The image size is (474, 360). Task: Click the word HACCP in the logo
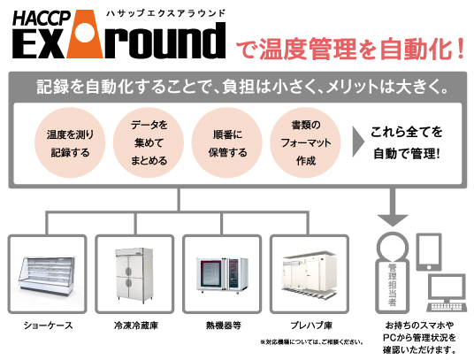[x=42, y=19]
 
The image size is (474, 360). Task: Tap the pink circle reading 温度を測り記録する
[x=70, y=142]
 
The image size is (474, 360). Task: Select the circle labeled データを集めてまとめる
[x=149, y=142]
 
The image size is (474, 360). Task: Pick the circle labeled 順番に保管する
[x=227, y=142]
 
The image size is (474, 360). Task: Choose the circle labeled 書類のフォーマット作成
[x=305, y=142]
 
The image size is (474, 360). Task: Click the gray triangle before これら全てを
[x=358, y=142]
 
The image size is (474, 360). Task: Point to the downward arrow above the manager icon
[x=393, y=207]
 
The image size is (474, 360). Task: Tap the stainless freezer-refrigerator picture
[x=134, y=274]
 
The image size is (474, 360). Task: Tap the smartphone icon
[x=429, y=252]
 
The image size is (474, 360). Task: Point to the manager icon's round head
[x=392, y=246]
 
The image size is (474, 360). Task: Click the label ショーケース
[x=49, y=326]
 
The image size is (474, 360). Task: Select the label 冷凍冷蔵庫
[x=136, y=326]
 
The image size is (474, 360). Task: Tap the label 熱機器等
[x=224, y=326]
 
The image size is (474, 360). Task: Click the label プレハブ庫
[x=311, y=326]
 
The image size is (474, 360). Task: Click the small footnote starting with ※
[x=311, y=342]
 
